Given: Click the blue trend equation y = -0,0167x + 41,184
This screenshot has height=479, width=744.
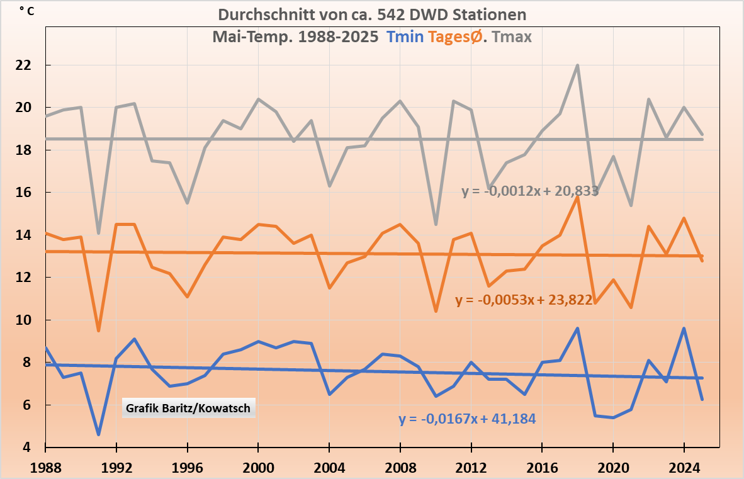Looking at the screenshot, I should coord(467,418).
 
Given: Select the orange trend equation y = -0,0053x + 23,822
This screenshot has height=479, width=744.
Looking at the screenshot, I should coord(524,300).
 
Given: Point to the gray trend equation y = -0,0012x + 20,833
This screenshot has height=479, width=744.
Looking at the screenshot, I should coord(530,191).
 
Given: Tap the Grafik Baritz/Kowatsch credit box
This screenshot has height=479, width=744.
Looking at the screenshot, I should coord(188,409).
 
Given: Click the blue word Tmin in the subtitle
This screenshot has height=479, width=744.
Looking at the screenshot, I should coord(405,37).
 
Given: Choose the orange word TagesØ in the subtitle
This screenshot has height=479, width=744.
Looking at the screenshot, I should coord(456,37).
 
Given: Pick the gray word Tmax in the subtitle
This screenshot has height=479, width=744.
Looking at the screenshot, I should coord(512,37).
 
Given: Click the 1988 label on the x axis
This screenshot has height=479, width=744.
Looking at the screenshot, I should coord(45,468).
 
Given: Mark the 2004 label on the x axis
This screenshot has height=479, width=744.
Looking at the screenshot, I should coord(329,468).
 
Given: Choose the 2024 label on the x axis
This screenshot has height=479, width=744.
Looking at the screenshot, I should coord(684,468).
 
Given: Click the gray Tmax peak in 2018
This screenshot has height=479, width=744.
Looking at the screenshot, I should coord(577,65).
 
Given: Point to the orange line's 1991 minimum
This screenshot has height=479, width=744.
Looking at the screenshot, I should coord(98,330).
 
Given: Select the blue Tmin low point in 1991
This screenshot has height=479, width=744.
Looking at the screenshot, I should coord(98,434).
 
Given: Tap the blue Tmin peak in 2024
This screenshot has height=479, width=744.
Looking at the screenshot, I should coord(684,329).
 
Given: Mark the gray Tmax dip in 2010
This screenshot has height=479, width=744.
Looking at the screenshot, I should coord(436,224).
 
